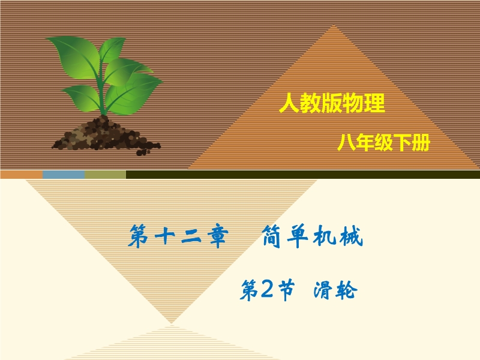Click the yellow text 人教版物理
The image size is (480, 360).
tap(332, 103)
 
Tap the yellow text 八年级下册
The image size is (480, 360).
tap(384, 142)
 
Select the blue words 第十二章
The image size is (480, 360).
tap(178, 236)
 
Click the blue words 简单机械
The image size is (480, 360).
tap(313, 236)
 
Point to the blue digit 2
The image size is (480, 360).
tap(266, 290)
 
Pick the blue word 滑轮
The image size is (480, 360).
tap(335, 290)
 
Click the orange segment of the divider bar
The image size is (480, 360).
tap(22, 175)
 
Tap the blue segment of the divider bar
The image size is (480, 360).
tap(64, 175)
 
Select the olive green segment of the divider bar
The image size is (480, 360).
tap(106, 175)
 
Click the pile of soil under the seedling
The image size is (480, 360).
tap(106, 136)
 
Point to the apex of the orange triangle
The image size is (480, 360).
tap(334, 25)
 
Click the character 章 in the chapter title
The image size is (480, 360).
tap(218, 236)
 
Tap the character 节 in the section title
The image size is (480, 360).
tap(284, 290)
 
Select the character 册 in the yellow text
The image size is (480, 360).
tap(421, 143)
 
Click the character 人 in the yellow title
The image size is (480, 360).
tap(289, 103)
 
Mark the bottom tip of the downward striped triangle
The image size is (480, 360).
tap(172, 323)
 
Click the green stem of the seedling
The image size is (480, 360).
tap(102, 92)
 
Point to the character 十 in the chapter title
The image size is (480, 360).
tap(164, 236)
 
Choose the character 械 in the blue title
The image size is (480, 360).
tap(353, 236)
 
